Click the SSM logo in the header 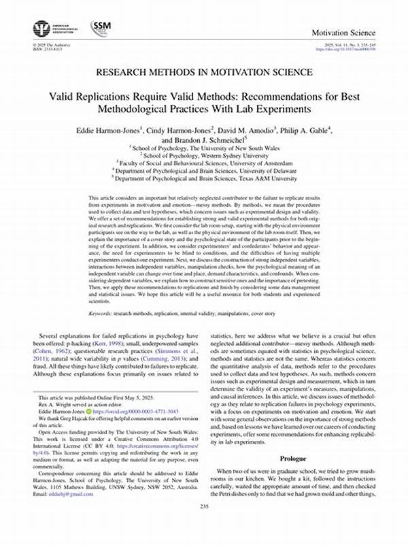pyautogui.click(x=102, y=28)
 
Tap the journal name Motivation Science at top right pyautogui.click(x=343, y=33)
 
